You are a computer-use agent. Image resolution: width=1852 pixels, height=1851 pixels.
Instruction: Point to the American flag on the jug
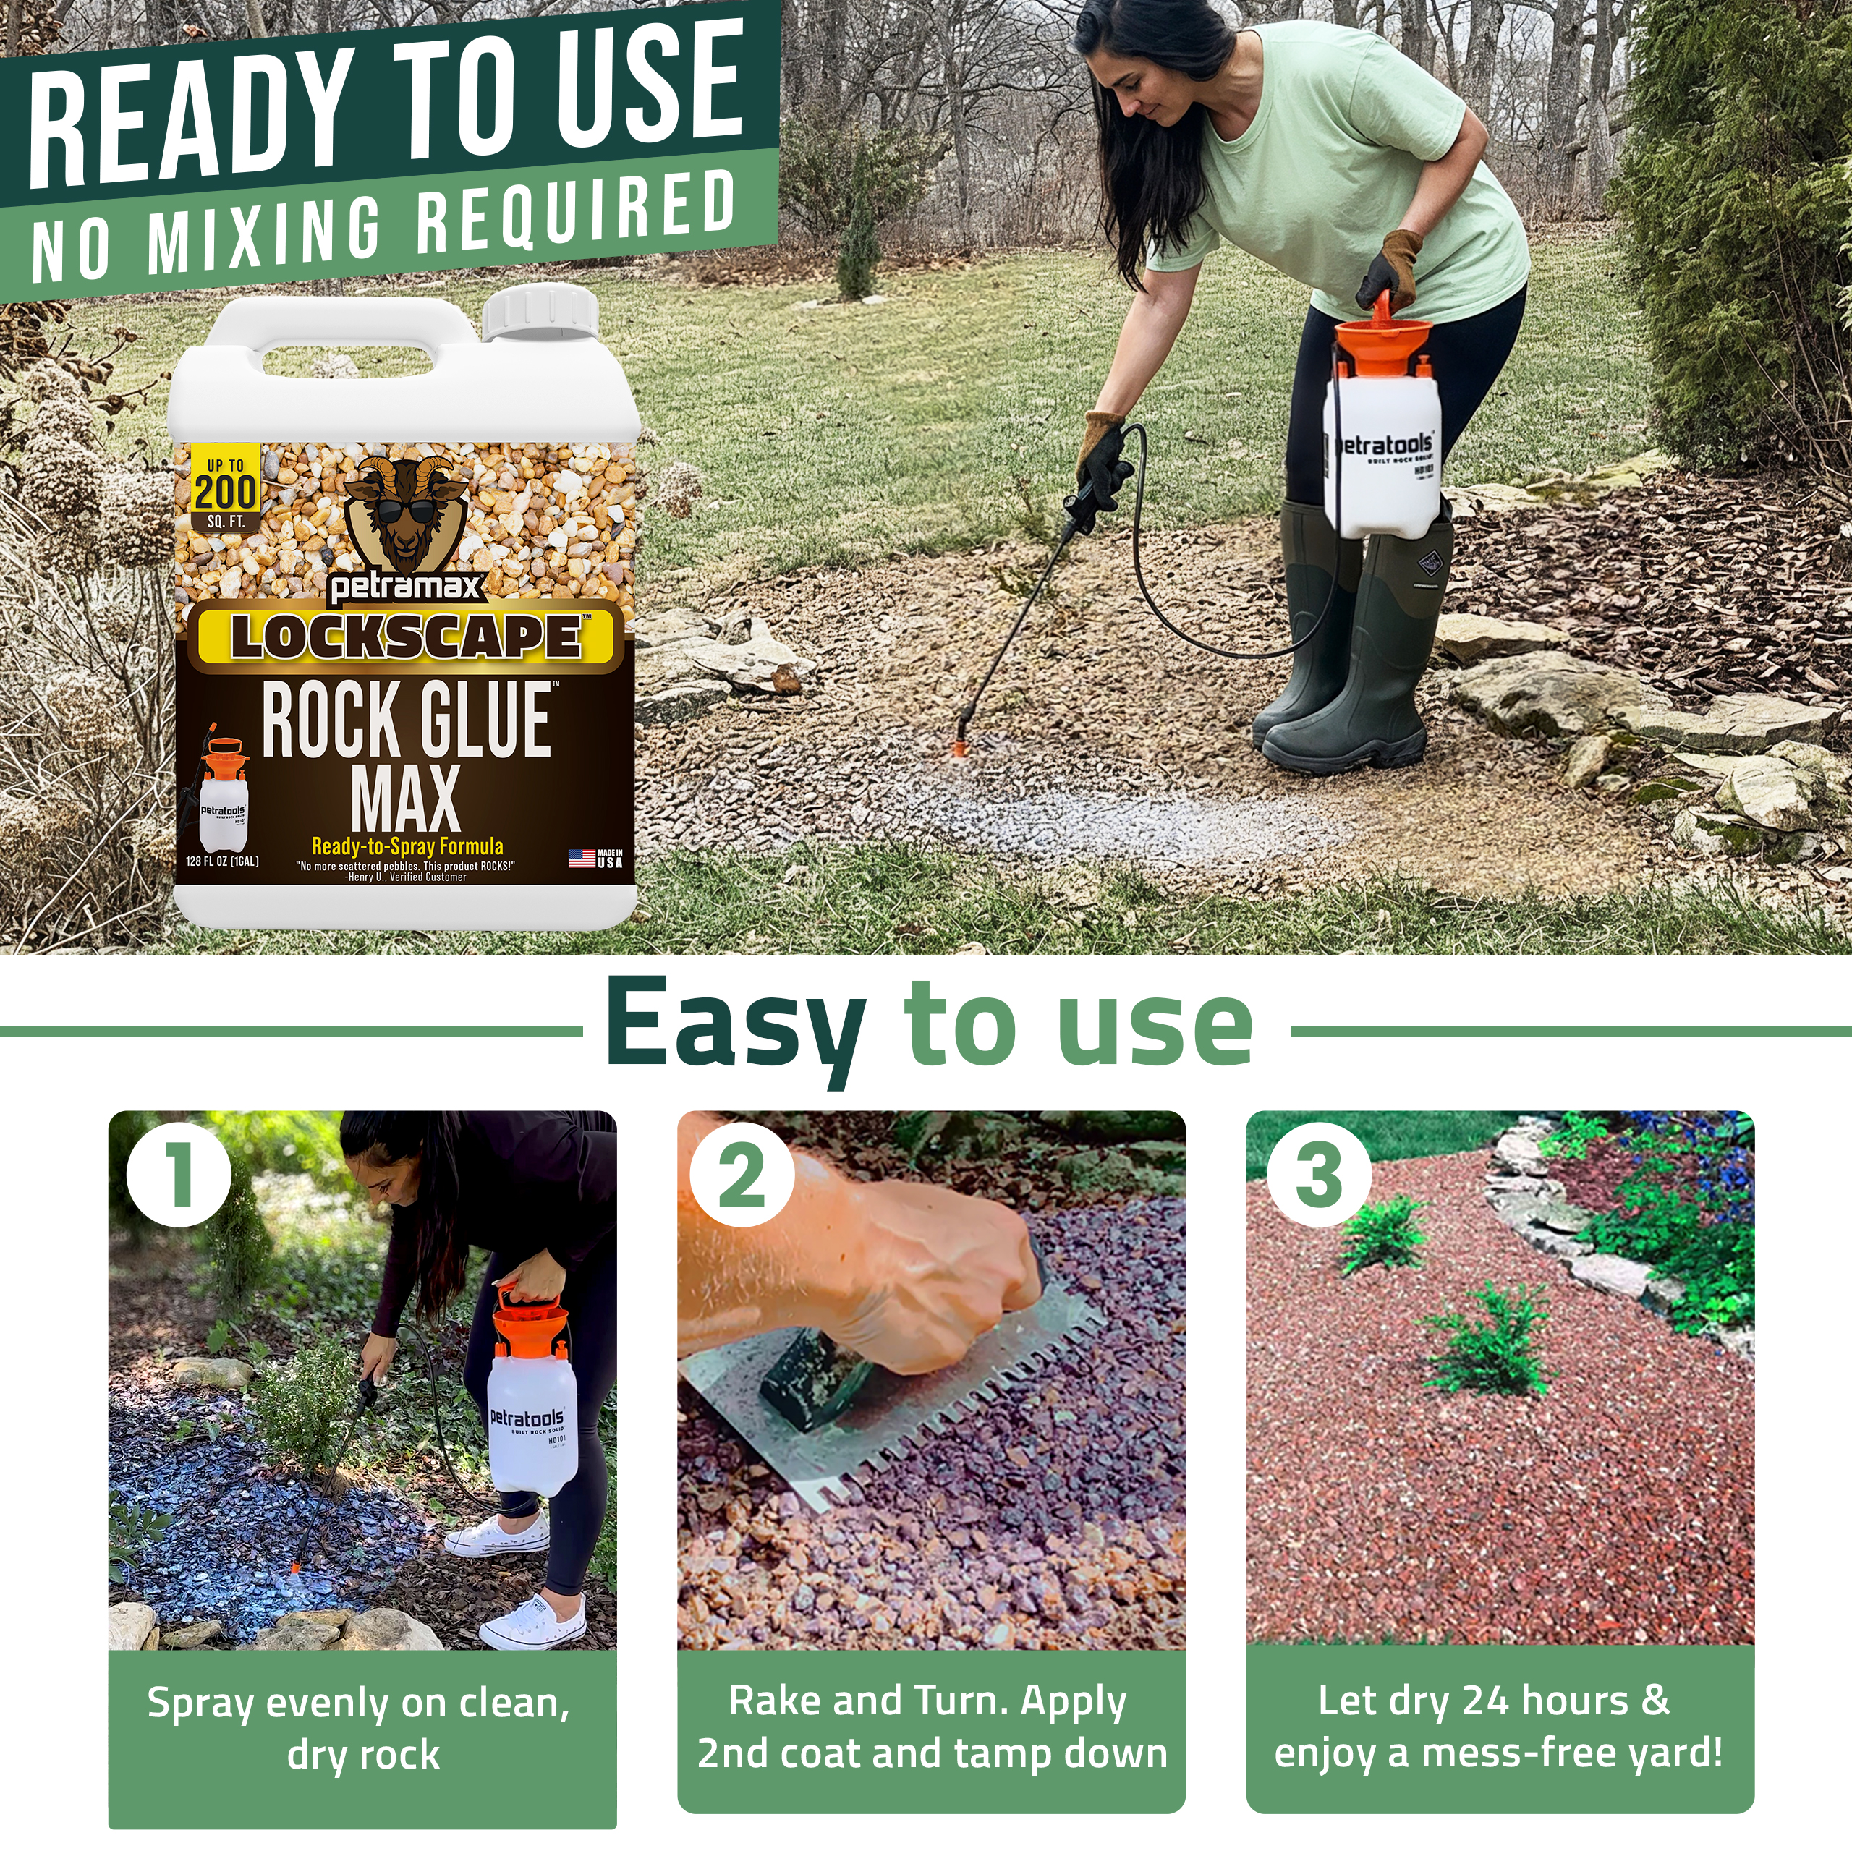pos(582,858)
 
